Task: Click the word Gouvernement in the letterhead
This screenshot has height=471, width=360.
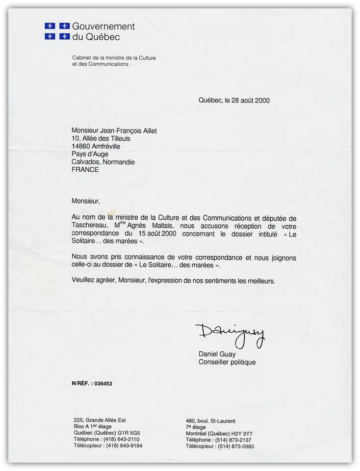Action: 103,26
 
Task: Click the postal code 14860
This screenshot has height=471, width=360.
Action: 81,146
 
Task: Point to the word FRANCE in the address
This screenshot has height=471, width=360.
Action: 85,170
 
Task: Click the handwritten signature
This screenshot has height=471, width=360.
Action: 230,334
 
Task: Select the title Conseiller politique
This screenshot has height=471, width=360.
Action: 227,363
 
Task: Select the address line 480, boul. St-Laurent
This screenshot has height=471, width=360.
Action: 210,421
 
